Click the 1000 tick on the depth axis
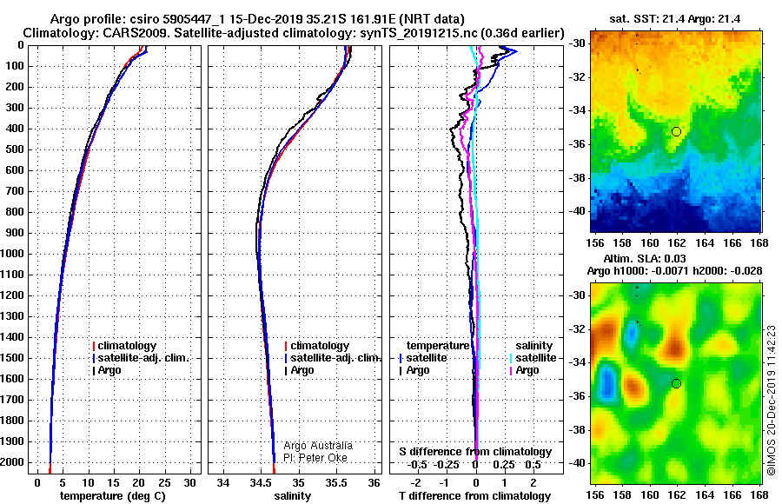click(13, 254)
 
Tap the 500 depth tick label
click(16, 149)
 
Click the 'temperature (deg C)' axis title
click(113, 496)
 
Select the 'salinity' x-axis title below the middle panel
click(292, 496)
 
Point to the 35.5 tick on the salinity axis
click(336, 483)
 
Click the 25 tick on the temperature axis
click(164, 483)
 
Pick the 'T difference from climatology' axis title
click(474, 496)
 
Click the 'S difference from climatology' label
click(475, 452)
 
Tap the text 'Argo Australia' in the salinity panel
click(318, 446)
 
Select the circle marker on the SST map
click(676, 132)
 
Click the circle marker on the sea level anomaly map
click(676, 383)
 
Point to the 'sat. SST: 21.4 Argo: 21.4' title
click(675, 19)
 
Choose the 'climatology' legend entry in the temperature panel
click(124, 346)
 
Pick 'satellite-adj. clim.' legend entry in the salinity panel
click(333, 358)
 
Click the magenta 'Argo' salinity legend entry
click(524, 370)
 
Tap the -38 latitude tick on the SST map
click(577, 177)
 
